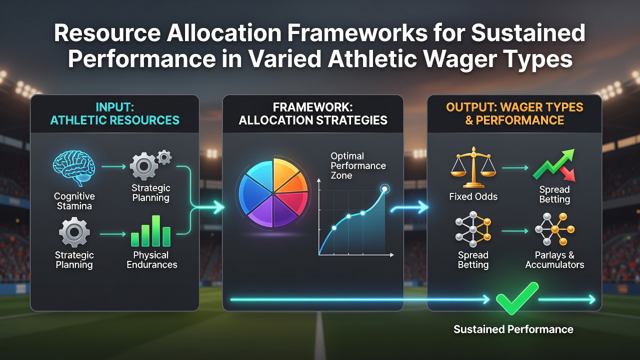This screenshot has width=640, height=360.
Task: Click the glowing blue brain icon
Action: pyautogui.click(x=73, y=168)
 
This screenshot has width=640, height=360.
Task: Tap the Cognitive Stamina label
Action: pyautogui.click(x=74, y=201)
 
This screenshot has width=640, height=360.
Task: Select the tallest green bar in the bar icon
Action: pyautogui.click(x=156, y=230)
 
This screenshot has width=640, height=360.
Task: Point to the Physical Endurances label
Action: pyautogui.click(x=151, y=259)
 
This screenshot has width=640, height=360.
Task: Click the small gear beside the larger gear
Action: pyautogui.click(x=164, y=157)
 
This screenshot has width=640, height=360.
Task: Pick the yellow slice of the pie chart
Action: pyautogui.click(x=285, y=171)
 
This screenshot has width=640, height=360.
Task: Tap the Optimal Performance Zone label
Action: pyautogui.click(x=358, y=165)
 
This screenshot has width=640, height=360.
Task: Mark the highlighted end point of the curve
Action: pyautogui.click(x=384, y=189)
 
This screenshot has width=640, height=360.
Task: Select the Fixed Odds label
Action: pyautogui.click(x=473, y=196)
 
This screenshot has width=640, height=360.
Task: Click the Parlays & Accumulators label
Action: pyautogui.click(x=554, y=259)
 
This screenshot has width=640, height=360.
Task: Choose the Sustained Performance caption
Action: pyautogui.click(x=513, y=329)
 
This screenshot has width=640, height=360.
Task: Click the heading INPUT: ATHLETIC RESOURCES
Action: pyautogui.click(x=115, y=113)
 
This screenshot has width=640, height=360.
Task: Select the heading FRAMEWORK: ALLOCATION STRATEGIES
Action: pyautogui.click(x=313, y=113)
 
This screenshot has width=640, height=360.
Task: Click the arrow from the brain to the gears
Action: pyautogui.click(x=113, y=166)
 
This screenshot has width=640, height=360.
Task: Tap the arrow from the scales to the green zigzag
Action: pyautogui.click(x=515, y=167)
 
